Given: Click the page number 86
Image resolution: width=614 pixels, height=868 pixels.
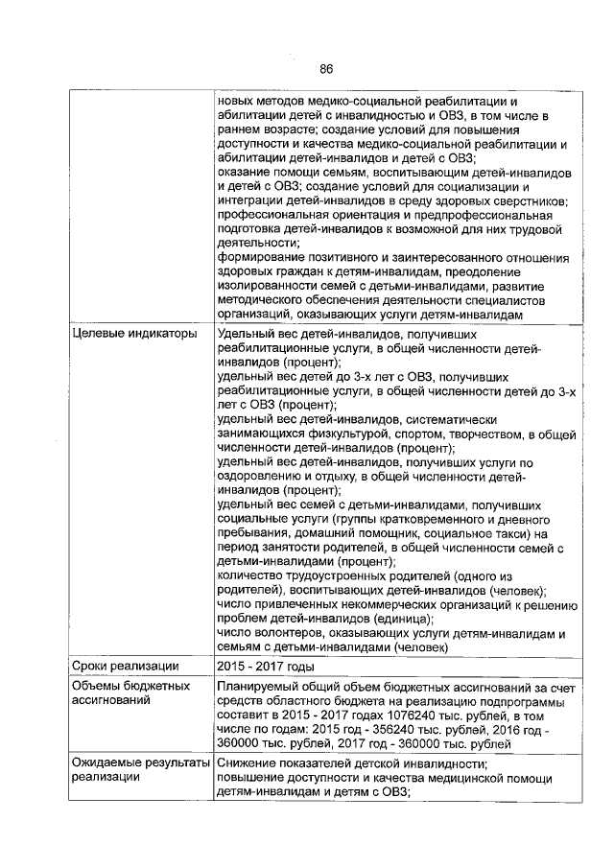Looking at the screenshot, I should pyautogui.click(x=325, y=68).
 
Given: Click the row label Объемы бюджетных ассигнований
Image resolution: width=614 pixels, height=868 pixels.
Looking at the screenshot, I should pyautogui.click(x=130, y=694).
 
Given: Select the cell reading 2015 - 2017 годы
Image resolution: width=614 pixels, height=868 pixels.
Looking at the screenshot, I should pyautogui.click(x=267, y=666).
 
